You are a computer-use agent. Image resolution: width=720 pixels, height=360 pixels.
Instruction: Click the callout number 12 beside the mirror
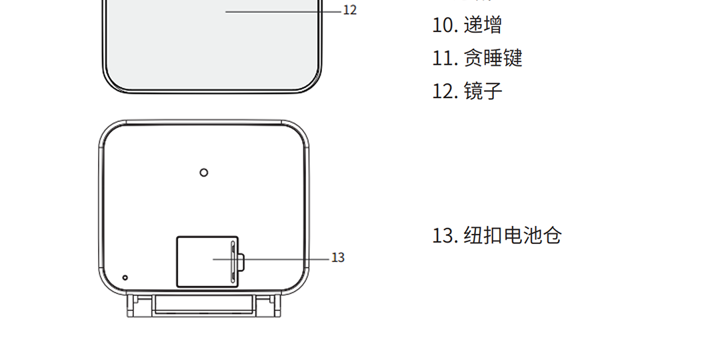tap(350, 11)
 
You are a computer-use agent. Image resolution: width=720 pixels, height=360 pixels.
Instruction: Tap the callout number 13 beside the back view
tap(338, 258)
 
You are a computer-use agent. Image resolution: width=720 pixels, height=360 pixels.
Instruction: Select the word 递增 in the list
tap(483, 25)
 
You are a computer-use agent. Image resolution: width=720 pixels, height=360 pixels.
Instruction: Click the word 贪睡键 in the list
tap(493, 58)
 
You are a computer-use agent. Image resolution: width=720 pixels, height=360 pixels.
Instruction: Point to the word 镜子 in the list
tap(483, 91)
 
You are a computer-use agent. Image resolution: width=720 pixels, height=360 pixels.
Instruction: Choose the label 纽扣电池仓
tap(513, 235)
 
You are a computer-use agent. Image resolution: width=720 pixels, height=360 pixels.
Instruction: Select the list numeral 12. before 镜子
tap(444, 91)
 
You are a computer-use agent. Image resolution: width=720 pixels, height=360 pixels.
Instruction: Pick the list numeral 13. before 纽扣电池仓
tap(444, 235)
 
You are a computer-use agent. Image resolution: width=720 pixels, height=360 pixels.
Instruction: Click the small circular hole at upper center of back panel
tap(204, 172)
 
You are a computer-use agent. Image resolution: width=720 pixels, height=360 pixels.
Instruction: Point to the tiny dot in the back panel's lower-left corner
tap(125, 277)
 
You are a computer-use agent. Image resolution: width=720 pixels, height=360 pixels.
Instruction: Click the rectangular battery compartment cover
tap(197, 262)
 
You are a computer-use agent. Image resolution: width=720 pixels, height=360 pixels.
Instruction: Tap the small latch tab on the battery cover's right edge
tap(241, 261)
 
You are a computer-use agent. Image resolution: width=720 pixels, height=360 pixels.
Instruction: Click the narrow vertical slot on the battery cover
tap(233, 262)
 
